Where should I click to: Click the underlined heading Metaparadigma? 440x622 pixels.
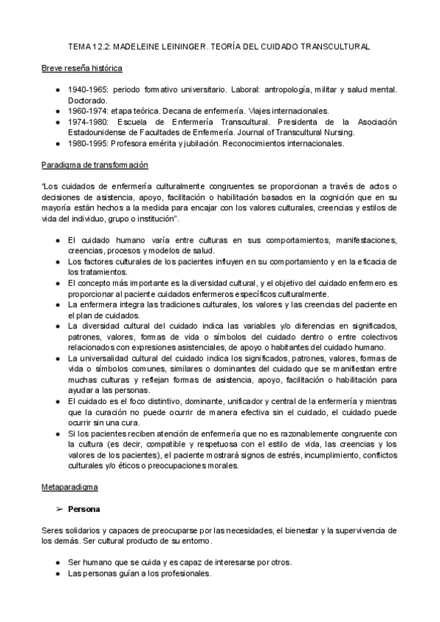pyautogui.click(x=70, y=486)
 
